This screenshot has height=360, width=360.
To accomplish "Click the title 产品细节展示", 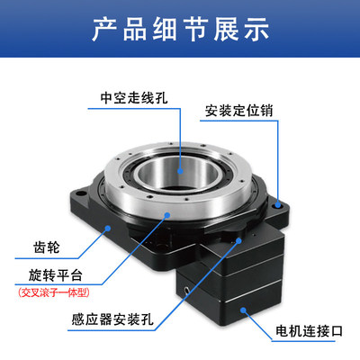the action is (180, 30).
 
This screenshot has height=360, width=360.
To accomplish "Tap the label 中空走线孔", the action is (134, 98).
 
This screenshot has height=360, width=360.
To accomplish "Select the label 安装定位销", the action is (238, 111).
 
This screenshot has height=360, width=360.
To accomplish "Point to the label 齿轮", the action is (47, 247).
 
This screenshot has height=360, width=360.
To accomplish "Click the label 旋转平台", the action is (56, 275).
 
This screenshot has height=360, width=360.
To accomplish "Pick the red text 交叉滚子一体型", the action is (54, 292).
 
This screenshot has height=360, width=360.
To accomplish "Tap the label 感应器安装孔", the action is (112, 319).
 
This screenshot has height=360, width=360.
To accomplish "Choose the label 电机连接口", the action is (309, 331).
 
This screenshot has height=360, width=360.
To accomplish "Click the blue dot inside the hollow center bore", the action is (180, 171).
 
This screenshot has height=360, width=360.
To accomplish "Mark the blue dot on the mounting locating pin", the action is (278, 205).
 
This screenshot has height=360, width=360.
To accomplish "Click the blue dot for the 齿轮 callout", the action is (107, 229).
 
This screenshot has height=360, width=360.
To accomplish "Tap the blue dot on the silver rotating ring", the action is (167, 214).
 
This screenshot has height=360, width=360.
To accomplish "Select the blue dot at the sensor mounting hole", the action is (238, 240).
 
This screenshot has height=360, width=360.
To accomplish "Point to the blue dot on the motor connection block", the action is (243, 310).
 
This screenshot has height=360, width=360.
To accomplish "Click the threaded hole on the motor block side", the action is (186, 290).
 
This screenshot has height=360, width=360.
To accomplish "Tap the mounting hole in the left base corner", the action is (80, 193).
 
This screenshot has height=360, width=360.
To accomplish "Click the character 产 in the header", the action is (103, 30).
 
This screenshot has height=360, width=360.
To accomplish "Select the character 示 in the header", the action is (256, 30).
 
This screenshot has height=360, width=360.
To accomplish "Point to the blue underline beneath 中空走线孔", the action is (134, 108).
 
